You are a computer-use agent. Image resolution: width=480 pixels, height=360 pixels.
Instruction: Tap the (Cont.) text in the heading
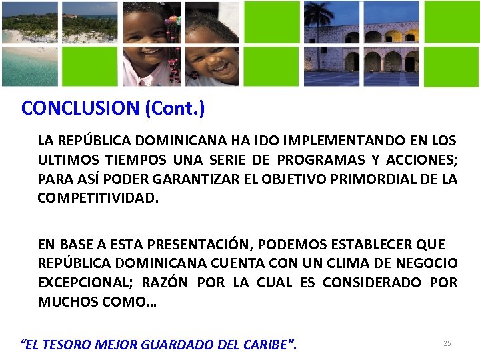coord(175,109)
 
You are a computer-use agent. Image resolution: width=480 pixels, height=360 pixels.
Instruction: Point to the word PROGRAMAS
coord(315,160)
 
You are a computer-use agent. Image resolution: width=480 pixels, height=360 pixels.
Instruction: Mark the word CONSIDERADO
coord(371,283)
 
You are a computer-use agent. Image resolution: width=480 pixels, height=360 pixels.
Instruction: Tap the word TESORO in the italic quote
coord(71,345)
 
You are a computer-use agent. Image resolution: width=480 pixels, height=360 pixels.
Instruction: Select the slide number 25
coord(447,343)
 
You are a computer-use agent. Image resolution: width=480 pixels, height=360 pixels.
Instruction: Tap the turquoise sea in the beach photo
coord(27,67)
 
